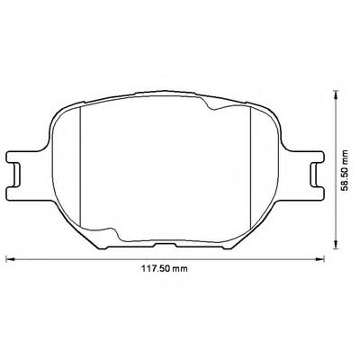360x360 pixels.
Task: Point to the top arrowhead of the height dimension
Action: (337, 94)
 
